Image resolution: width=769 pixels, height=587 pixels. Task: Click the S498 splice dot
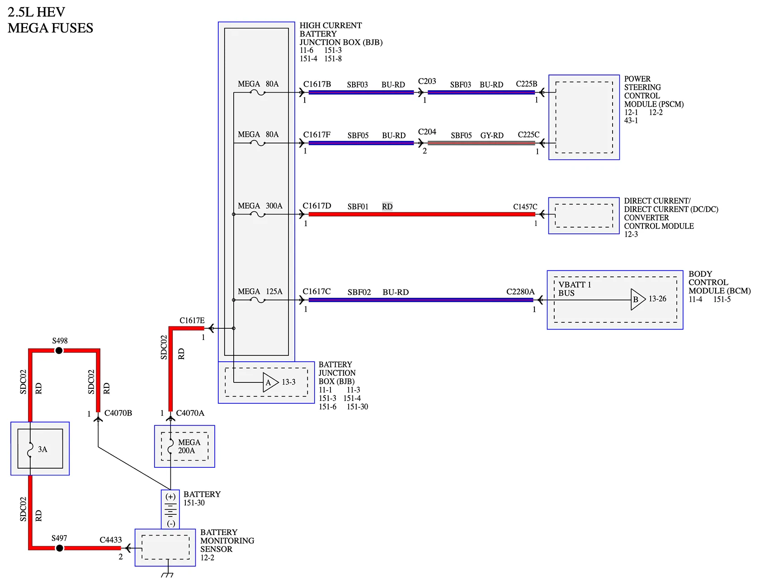(x=59, y=350)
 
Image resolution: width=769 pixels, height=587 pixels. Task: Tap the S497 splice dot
(x=59, y=548)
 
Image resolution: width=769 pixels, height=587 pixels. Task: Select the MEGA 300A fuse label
(x=260, y=206)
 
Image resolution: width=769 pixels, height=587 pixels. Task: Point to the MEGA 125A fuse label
(x=260, y=292)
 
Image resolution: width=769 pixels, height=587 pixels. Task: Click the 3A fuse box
(x=40, y=448)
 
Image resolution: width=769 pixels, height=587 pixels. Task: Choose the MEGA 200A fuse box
(x=184, y=446)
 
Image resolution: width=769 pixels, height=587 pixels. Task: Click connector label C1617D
(x=317, y=206)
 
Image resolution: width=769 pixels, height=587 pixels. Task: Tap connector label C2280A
(x=520, y=292)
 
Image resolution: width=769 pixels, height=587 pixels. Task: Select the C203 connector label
(x=427, y=81)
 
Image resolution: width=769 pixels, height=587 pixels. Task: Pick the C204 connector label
(x=427, y=132)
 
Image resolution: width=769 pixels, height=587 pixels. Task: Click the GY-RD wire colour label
(x=492, y=135)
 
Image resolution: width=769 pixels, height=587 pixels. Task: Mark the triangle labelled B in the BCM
(x=638, y=299)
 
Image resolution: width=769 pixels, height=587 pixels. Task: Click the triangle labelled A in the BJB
(x=270, y=382)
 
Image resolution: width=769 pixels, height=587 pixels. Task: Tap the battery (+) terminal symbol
(x=170, y=497)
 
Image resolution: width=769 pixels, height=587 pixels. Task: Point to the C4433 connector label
(x=111, y=540)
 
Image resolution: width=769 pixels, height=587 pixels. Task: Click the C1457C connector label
(x=525, y=207)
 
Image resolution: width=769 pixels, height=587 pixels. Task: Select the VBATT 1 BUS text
(x=575, y=289)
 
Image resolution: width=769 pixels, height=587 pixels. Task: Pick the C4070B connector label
(x=118, y=413)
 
